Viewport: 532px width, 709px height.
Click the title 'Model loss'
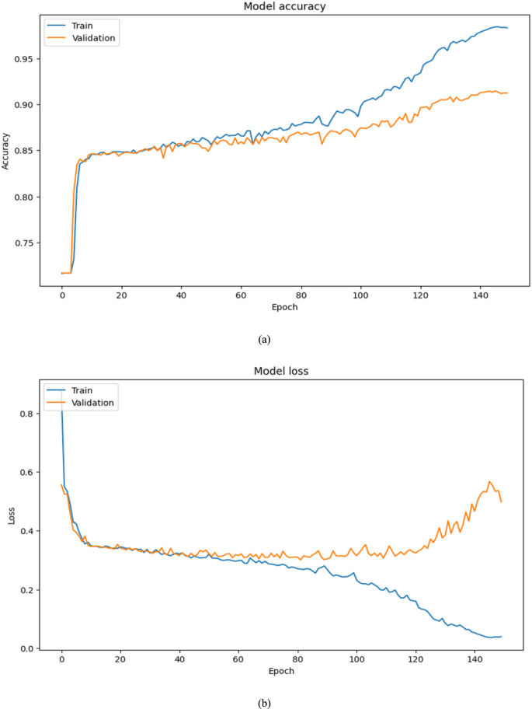[x=281, y=371]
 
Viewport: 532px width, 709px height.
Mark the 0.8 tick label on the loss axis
[x=26, y=414]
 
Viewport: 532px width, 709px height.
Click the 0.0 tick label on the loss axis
[x=26, y=648]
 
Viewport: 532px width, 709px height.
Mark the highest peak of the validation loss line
[x=489, y=481]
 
